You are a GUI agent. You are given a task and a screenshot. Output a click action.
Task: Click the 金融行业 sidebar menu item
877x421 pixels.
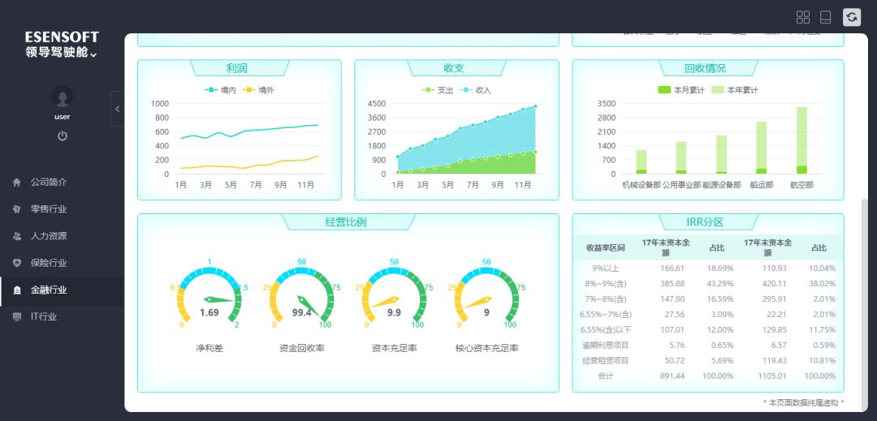[49, 290]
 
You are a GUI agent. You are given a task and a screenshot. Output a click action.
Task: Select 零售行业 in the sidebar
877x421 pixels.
[49, 209]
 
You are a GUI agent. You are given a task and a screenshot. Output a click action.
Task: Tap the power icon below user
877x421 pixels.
[63, 135]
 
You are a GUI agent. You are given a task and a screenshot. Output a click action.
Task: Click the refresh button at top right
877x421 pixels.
[852, 17]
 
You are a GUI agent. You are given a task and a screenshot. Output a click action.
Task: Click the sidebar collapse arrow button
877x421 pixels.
[117, 109]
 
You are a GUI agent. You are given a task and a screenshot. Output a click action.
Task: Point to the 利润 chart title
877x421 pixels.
[237, 68]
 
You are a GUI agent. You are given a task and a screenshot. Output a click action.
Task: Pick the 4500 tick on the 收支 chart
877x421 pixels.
[377, 104]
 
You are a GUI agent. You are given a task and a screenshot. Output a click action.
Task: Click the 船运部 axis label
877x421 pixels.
[761, 185]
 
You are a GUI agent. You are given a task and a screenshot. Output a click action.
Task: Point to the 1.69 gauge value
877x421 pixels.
[209, 312]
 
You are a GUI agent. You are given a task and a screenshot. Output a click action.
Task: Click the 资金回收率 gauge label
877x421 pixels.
[302, 348]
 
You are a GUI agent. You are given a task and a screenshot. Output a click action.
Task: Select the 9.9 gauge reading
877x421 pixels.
[394, 312]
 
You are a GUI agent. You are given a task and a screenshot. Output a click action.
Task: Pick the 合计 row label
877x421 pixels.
[605, 376]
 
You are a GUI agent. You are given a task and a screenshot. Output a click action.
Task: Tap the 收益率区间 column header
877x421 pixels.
[605, 247]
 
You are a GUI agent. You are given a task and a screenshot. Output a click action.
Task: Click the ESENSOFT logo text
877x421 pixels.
[62, 37]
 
